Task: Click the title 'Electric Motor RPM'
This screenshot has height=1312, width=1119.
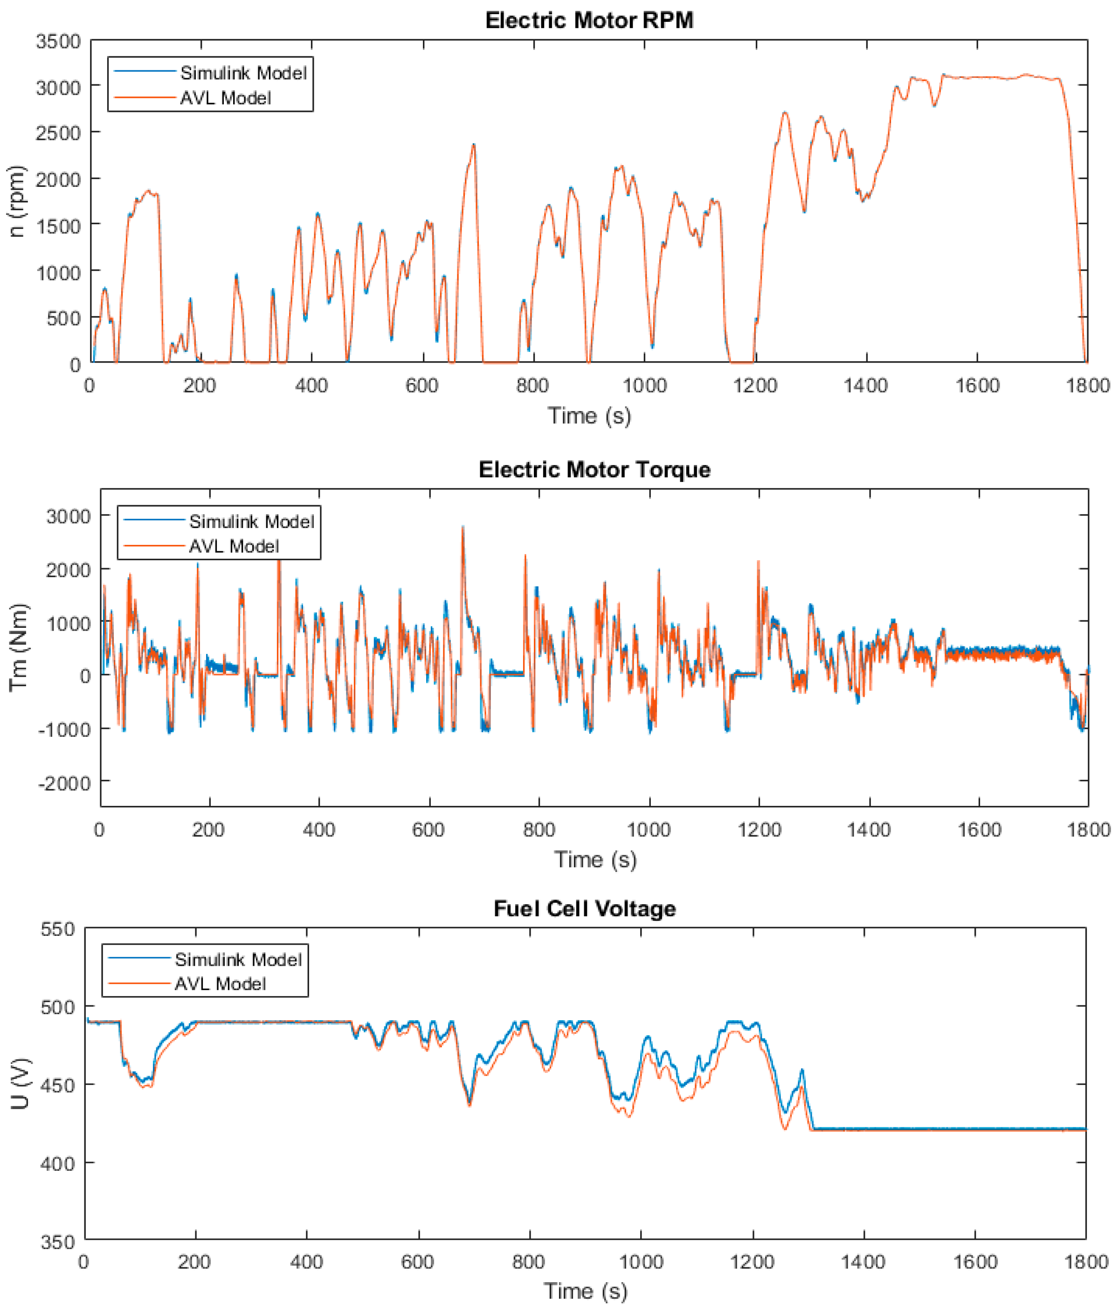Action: pyautogui.click(x=589, y=20)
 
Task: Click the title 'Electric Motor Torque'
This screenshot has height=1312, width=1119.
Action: pyautogui.click(x=594, y=469)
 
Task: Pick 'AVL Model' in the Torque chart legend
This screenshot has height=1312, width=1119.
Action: pyautogui.click(x=234, y=546)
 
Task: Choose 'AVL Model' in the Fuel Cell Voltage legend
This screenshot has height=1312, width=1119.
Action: pyautogui.click(x=220, y=983)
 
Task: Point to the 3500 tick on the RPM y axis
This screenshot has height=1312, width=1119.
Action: pyautogui.click(x=58, y=42)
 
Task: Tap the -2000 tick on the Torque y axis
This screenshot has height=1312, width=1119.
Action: pyautogui.click(x=65, y=783)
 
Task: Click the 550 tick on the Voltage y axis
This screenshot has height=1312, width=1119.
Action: pyautogui.click(x=58, y=929)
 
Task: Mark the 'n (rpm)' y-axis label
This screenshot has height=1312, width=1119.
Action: pyautogui.click(x=16, y=201)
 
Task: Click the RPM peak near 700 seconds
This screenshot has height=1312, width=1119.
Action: pyautogui.click(x=473, y=145)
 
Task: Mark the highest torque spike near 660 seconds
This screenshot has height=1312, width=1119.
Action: pyautogui.click(x=463, y=527)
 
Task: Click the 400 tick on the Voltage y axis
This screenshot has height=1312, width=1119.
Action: pyautogui.click(x=58, y=1163)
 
